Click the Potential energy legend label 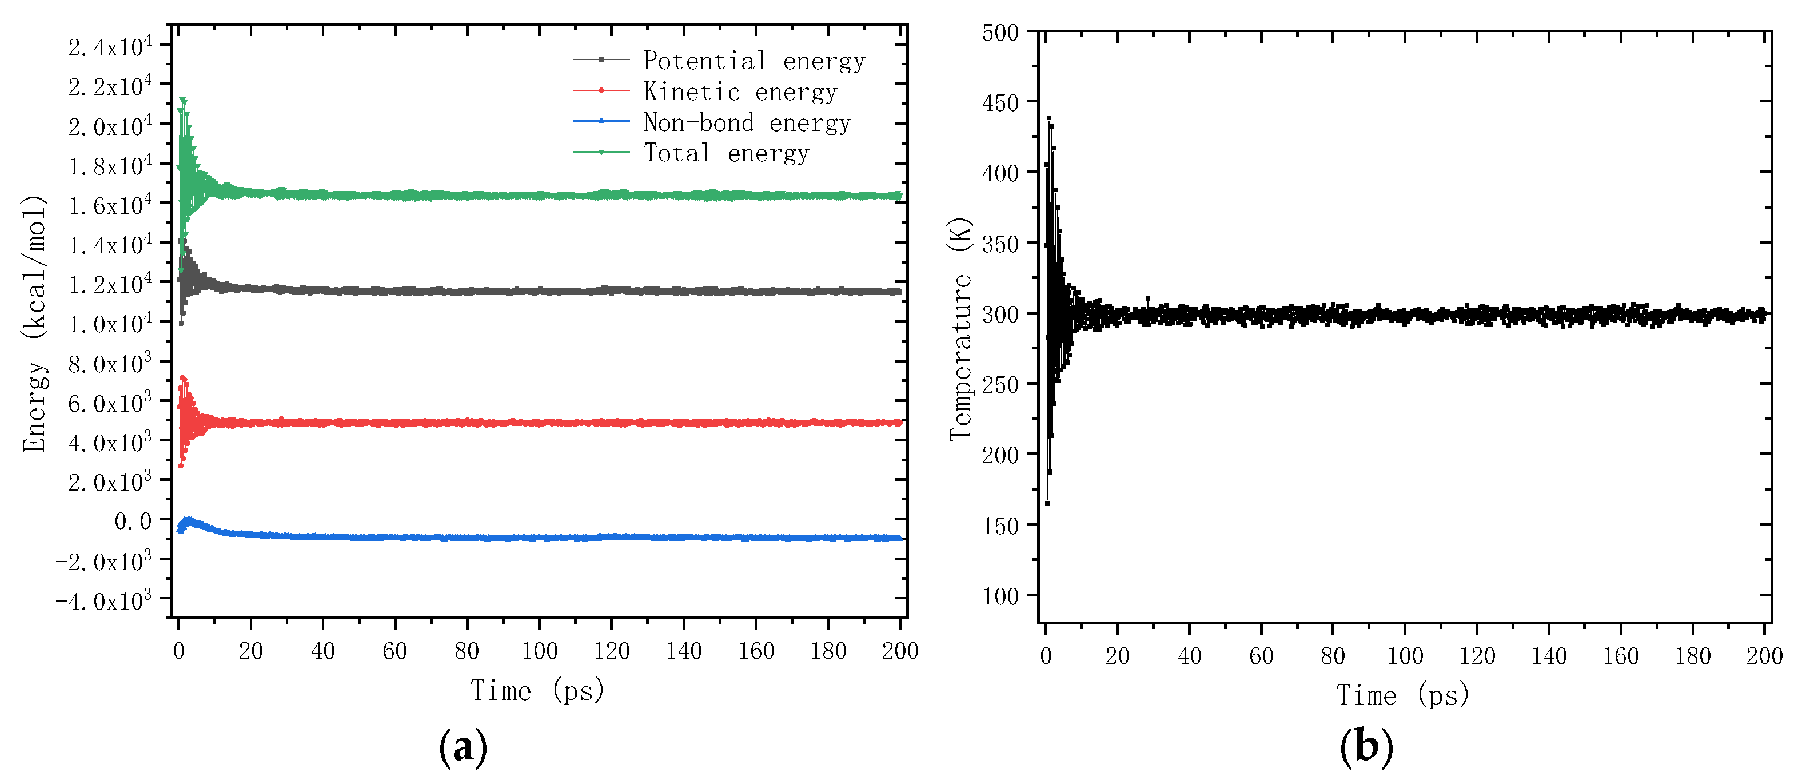tap(753, 61)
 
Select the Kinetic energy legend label tap(739, 92)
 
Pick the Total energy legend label tap(726, 153)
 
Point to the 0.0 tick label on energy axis tap(133, 522)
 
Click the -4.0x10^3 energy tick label tap(103, 601)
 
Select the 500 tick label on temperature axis tap(1000, 33)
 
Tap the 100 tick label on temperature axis tap(1000, 596)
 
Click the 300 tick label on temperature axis tap(1000, 314)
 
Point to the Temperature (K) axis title tap(960, 329)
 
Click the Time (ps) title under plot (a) tap(537, 691)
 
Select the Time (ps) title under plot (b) tap(1403, 696)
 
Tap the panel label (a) tap(463, 747)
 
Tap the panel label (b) tap(1366, 747)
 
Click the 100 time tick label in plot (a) tap(540, 651)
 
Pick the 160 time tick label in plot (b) tap(1620, 656)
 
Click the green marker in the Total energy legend tap(601, 152)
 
